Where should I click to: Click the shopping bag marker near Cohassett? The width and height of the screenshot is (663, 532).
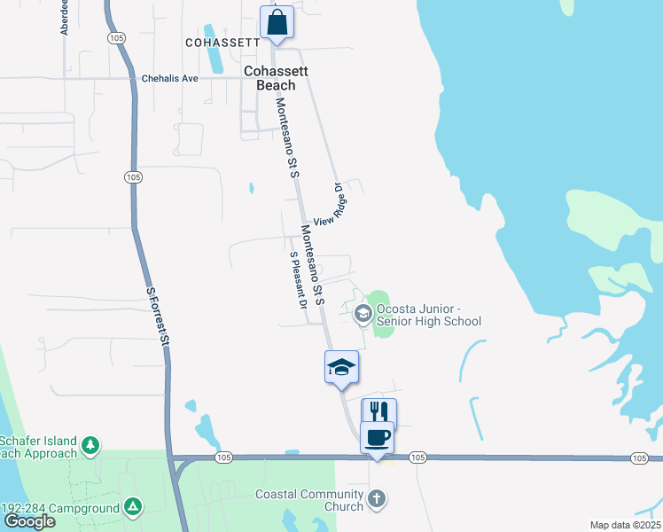[x=277, y=21]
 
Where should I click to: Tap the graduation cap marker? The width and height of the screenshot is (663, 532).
[x=341, y=366]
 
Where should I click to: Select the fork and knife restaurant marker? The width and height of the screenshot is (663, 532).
[x=378, y=412]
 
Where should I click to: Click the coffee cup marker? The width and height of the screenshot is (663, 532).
[x=377, y=437]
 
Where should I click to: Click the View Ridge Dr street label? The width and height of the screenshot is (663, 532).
[x=327, y=205]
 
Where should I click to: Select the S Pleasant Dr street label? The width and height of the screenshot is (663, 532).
[x=298, y=278]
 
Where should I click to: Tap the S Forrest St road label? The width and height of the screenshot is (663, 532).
[x=157, y=316]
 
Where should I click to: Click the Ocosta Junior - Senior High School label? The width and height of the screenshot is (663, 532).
[x=428, y=315]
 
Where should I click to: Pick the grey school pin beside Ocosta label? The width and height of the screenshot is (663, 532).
[x=363, y=313]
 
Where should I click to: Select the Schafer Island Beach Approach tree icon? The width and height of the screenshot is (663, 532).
[x=90, y=445]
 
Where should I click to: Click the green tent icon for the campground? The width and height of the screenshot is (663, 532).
[x=132, y=506]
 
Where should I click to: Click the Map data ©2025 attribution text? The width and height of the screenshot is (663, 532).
[x=625, y=525]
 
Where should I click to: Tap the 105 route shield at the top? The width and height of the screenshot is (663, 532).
[x=116, y=37]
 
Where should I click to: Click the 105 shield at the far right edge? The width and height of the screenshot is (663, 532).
[x=639, y=458]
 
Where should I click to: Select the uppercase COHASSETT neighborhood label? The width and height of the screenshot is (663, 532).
[x=222, y=42]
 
